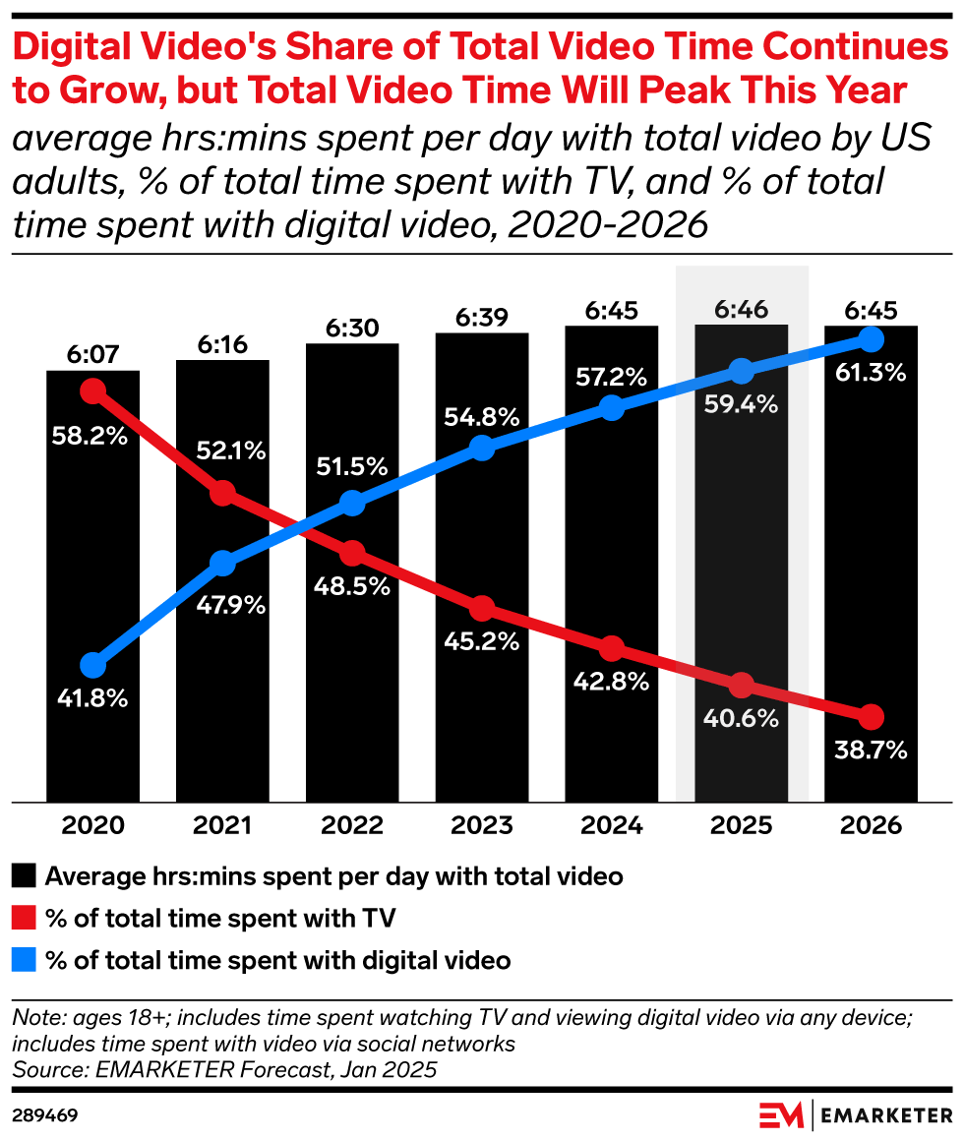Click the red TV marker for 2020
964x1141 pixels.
(x=92, y=391)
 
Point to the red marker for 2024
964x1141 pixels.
(x=612, y=649)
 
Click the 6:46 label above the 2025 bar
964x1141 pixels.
(x=742, y=311)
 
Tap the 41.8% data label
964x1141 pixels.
(x=92, y=699)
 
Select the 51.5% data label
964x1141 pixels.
(x=352, y=467)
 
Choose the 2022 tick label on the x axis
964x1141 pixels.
(x=352, y=825)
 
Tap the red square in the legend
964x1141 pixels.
(x=26, y=919)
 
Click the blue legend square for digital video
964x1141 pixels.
(x=26, y=960)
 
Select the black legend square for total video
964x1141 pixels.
(x=26, y=875)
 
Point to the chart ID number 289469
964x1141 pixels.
(x=45, y=1115)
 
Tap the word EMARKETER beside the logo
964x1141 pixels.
(x=886, y=1115)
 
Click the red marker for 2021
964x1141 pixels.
(x=222, y=493)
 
